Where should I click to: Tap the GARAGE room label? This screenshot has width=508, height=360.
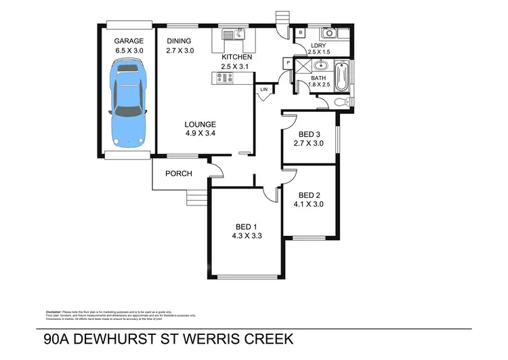(x=129, y=41)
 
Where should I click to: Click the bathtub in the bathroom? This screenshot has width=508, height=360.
(x=340, y=77)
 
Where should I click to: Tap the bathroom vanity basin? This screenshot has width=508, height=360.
(x=320, y=66)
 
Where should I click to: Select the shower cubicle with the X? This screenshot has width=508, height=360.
(x=302, y=66)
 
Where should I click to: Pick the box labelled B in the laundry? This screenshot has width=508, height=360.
(x=300, y=33)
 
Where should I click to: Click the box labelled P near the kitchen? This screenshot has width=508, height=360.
(x=288, y=63)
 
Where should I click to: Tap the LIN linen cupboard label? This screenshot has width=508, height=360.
(x=264, y=89)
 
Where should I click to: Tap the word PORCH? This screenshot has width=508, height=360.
(x=179, y=174)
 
